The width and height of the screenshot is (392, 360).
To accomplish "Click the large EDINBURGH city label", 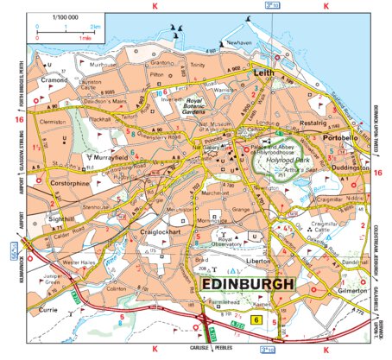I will [x=247, y=283].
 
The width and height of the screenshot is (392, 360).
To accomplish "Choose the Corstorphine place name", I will [x=70, y=184].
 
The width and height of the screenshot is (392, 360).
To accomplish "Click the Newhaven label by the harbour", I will [x=237, y=42].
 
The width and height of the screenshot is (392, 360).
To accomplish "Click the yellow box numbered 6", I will [x=255, y=320].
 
